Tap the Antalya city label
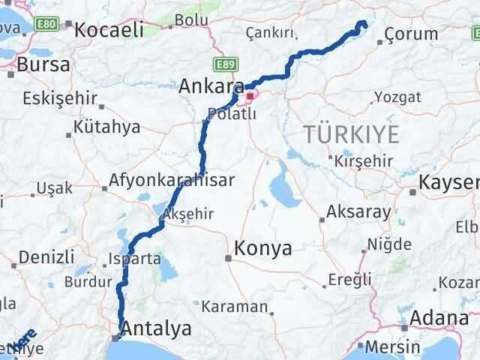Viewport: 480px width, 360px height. tap(156, 328)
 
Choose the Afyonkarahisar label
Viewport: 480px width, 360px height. tap(172, 180)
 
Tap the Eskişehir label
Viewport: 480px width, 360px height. tap(59, 99)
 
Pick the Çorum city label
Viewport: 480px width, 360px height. tap(411, 34)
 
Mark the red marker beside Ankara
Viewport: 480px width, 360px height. tap(250, 96)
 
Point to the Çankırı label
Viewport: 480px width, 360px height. tap(268, 33)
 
